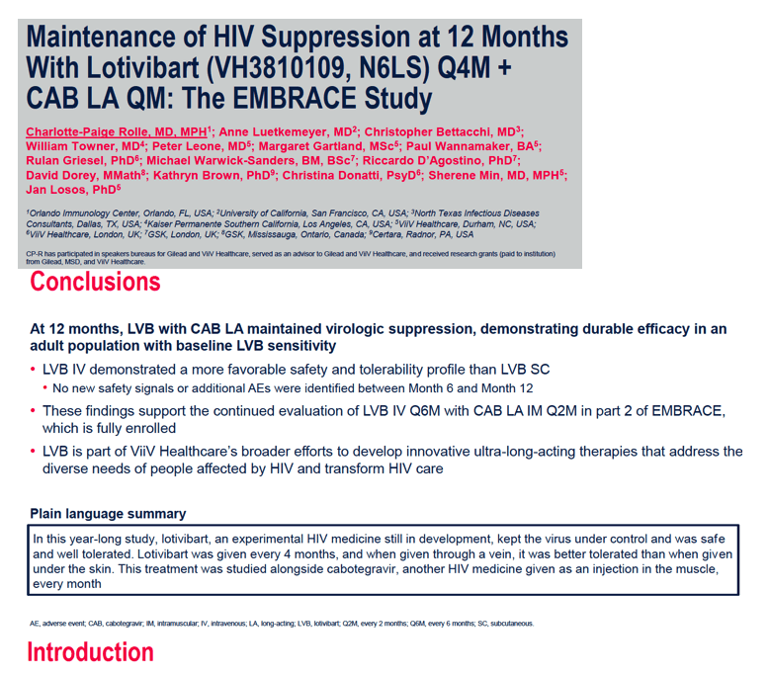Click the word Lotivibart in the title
[x=142, y=67]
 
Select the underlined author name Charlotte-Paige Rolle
[x=117, y=131]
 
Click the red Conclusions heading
[x=95, y=282]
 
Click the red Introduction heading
[x=91, y=652]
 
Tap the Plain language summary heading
[x=108, y=514]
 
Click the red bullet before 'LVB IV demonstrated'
[x=33, y=369]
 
